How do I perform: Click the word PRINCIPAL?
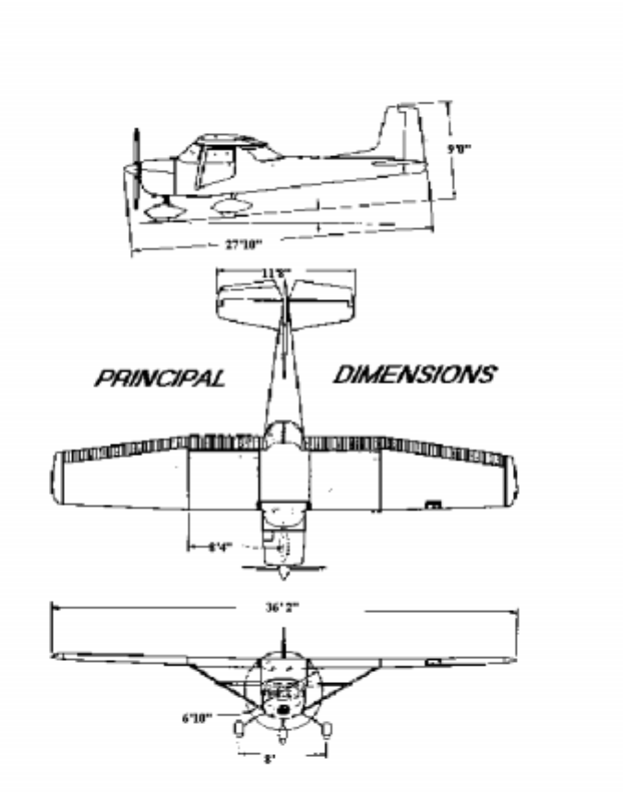point(160,378)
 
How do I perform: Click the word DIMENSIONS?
point(413,374)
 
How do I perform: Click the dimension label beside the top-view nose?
point(220,547)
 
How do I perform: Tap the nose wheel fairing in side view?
point(163,211)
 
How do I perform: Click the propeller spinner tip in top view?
point(285,574)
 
